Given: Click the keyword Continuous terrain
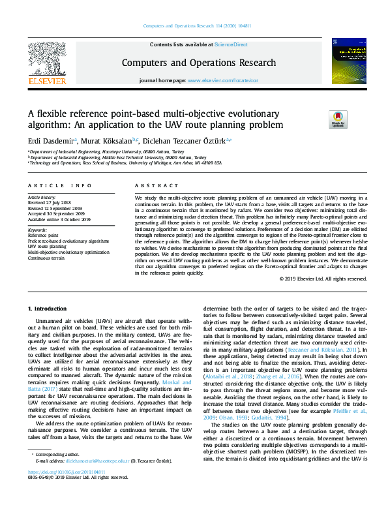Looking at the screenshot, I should point(48,258).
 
